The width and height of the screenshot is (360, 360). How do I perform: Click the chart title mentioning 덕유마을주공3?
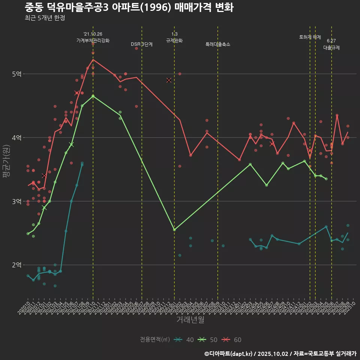point(129,7)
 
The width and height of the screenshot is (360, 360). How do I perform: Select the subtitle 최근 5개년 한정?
point(45,18)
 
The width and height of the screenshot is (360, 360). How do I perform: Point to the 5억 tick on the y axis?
point(16,74)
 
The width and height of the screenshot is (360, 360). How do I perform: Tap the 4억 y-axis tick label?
point(16,138)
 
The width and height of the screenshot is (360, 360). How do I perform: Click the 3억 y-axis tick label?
point(16,201)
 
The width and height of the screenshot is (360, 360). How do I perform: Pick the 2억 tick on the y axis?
point(16,265)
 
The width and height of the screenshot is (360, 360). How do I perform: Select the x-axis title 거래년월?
point(190,320)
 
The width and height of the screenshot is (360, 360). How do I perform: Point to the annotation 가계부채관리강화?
point(93,40)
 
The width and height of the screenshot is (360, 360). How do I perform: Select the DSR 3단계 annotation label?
point(142,44)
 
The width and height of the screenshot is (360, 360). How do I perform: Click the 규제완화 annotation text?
point(174,40)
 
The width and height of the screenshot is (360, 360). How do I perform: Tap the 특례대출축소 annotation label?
point(218,44)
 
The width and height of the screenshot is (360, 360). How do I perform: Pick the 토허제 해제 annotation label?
point(310,37)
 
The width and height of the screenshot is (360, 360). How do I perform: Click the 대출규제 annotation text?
point(331,48)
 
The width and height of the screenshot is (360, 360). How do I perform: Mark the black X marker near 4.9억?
point(169,80)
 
